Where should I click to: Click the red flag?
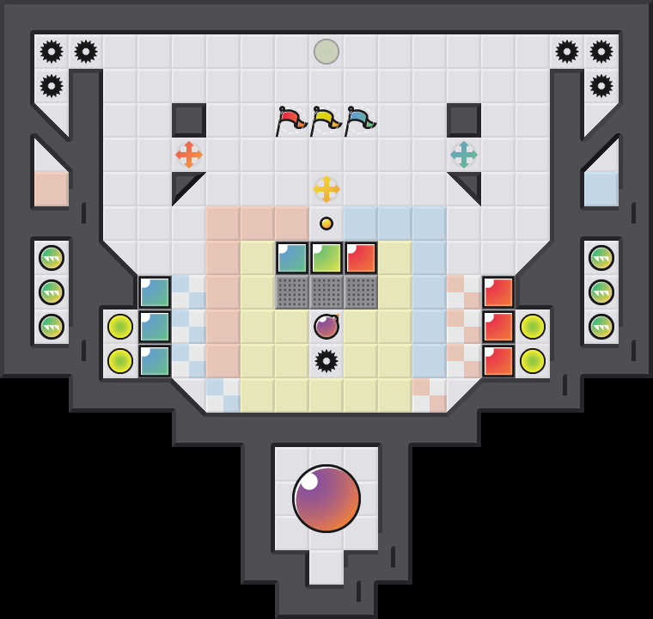tap(290, 120)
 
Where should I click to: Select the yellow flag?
tap(325, 120)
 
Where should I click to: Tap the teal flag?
tap(359, 120)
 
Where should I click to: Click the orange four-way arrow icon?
tap(189, 155)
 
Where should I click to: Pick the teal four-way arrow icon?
tap(464, 155)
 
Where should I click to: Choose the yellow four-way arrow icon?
tap(326, 189)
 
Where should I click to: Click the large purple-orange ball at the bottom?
tap(326, 499)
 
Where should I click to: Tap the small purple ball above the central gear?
tap(326, 327)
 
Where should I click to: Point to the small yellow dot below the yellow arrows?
tap(326, 224)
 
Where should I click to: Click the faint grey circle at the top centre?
tap(326, 52)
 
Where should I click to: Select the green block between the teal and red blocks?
tap(326, 258)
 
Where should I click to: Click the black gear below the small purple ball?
tap(326, 361)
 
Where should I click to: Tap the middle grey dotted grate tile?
tap(326, 292)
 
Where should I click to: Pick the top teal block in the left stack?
tap(155, 292)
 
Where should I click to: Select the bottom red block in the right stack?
tap(498, 361)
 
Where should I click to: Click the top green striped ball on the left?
tap(52, 258)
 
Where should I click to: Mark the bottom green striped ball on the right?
tap(601, 327)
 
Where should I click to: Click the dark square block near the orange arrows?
tap(189, 120)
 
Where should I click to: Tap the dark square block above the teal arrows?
tap(464, 120)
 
